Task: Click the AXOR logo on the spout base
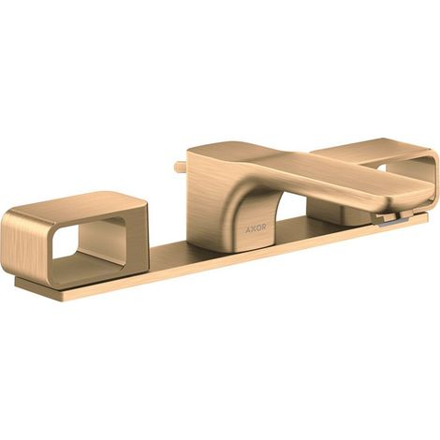(256, 229)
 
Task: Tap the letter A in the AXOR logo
(248, 229)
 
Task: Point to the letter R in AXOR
(264, 228)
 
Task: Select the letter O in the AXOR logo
(258, 229)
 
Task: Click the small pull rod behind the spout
(181, 167)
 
